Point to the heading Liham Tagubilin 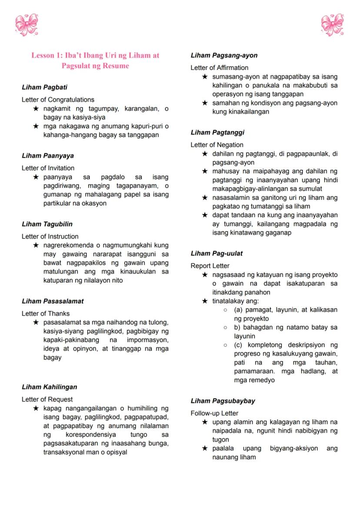(x=47, y=224)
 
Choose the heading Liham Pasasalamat (x=53, y=301)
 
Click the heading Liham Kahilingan (x=49, y=387)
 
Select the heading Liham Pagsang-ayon (x=224, y=55)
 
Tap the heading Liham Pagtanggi (x=217, y=133)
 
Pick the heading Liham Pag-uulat (x=217, y=253)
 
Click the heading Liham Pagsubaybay (x=223, y=401)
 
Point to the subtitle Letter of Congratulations (x=58, y=100)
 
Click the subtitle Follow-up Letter (x=214, y=413)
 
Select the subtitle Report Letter (x=210, y=266)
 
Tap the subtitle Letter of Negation (x=217, y=145)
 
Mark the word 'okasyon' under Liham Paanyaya (x=94, y=203)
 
